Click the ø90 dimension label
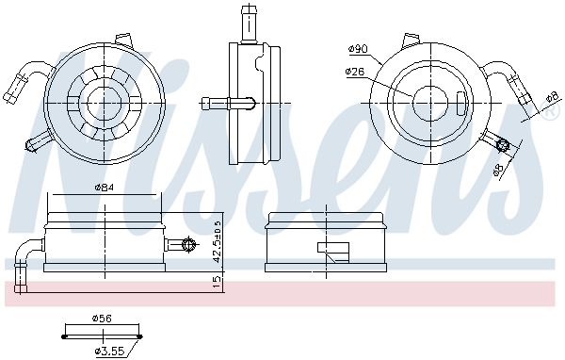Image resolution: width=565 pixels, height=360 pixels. (x=357, y=49)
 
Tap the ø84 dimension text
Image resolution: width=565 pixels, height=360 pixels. (x=104, y=188)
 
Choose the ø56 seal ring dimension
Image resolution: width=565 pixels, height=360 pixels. (x=102, y=319)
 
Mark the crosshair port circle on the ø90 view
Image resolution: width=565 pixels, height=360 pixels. (x=503, y=145)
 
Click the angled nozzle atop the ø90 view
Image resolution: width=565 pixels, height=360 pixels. (x=411, y=41)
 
